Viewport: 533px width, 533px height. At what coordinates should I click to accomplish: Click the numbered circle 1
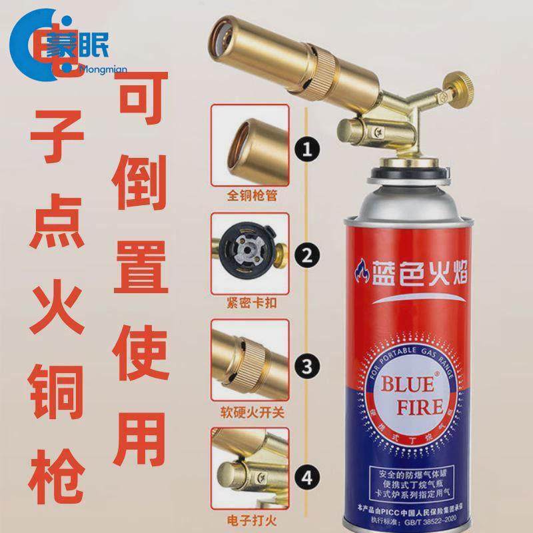pyautogui.click(x=306, y=147)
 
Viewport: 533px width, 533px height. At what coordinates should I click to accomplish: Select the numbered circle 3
pyautogui.click(x=306, y=365)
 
